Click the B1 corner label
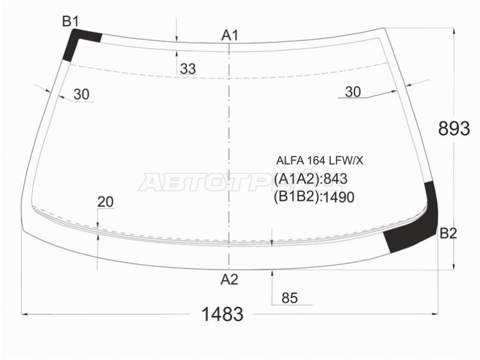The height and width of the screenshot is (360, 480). tap(71, 22)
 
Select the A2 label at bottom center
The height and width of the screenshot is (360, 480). tap(229, 279)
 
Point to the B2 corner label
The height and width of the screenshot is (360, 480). tap(448, 234)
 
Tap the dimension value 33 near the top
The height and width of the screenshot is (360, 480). tap(188, 69)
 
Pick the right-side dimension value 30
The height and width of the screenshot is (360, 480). tap(353, 91)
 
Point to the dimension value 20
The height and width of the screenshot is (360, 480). tap(105, 202)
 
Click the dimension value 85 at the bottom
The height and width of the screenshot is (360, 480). tap(289, 298)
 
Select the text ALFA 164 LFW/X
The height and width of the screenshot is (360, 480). tap(319, 160)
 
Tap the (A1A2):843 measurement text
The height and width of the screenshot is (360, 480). tap(311, 179)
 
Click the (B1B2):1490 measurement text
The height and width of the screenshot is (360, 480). tap(314, 197)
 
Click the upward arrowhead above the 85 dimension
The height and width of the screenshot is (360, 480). tap(272, 274)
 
